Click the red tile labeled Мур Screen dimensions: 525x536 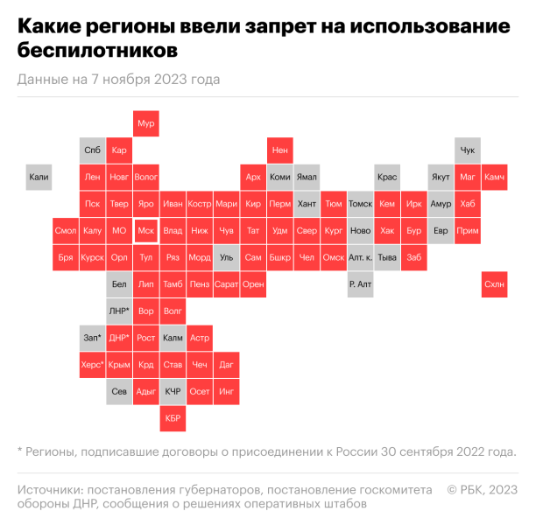[146, 123]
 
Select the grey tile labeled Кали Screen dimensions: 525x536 [39, 177]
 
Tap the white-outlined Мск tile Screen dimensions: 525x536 [146, 231]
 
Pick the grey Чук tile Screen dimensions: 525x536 [468, 150]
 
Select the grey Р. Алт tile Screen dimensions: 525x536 [360, 284]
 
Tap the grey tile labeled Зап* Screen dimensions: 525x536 [92, 338]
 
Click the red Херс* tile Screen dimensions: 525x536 [92, 365]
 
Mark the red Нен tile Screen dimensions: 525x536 [280, 150]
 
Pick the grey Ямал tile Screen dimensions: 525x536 [307, 177]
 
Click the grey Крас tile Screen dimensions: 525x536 [387, 177]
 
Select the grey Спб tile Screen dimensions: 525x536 [92, 150]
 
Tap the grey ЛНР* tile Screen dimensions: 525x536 [119, 311]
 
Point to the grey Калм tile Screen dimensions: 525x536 [173, 338]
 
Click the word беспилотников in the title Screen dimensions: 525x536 [95, 52]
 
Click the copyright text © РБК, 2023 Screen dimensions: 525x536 [482, 488]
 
